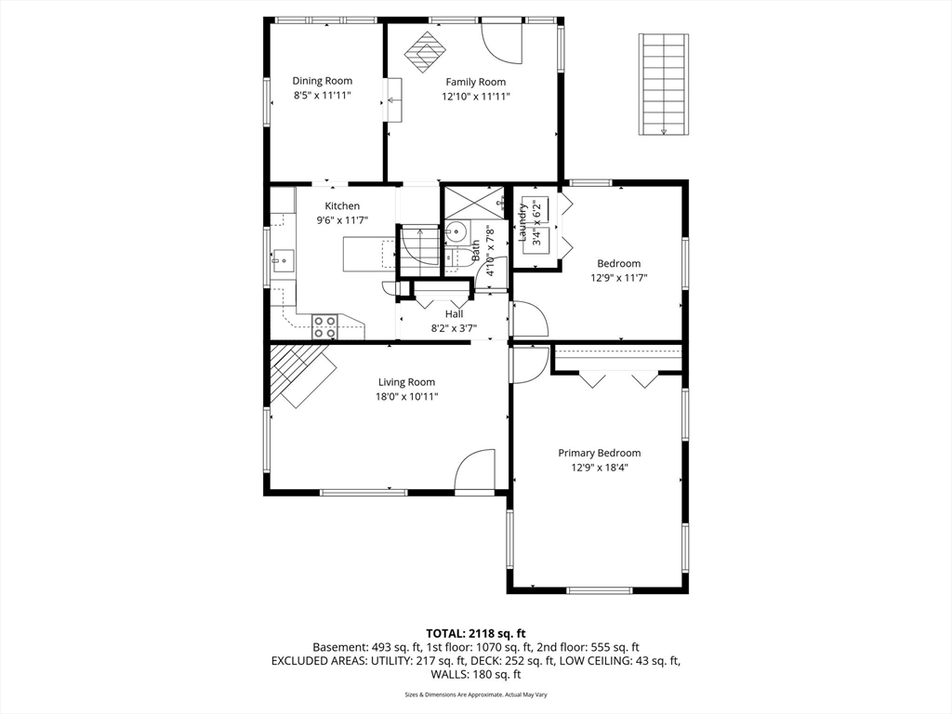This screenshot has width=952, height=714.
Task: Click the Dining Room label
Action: (x=322, y=81)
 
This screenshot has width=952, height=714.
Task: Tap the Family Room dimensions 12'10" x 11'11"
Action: (x=476, y=96)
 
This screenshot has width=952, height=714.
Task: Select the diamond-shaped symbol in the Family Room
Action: (x=425, y=52)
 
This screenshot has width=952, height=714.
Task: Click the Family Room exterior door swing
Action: (x=501, y=43)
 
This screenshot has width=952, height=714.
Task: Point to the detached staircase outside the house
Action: (x=664, y=85)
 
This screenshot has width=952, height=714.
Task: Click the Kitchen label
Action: (x=342, y=206)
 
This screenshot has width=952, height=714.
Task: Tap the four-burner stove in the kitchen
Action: (x=324, y=326)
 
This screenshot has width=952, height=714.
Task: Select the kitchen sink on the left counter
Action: (x=283, y=261)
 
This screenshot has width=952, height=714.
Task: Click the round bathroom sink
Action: (x=456, y=231)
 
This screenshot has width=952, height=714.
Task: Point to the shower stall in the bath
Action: (x=475, y=202)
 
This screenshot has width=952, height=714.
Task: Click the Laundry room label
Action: (x=522, y=223)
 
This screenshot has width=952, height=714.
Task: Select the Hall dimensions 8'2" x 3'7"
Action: (x=454, y=328)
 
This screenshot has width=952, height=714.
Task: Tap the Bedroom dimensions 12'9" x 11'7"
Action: (x=618, y=278)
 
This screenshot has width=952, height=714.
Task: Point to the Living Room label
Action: (x=407, y=382)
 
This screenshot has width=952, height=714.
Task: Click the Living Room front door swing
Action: (x=475, y=469)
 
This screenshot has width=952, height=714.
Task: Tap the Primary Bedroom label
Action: (x=600, y=453)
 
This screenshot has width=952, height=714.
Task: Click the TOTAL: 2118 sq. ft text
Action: (x=475, y=634)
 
